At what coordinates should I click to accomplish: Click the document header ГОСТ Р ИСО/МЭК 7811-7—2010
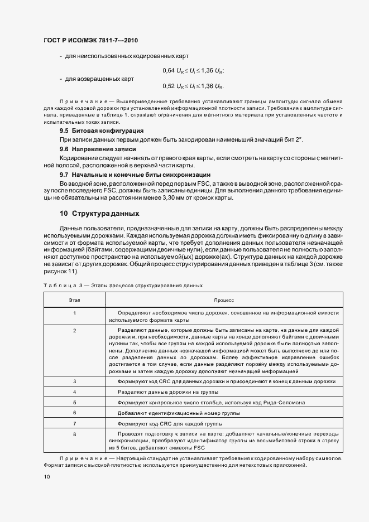90,41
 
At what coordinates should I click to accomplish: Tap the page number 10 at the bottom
46,476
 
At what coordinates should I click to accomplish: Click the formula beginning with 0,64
193,70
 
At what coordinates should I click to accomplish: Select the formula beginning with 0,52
193,86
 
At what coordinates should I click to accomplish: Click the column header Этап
74,300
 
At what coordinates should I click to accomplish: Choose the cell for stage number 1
74,313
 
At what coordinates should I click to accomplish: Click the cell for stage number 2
74,331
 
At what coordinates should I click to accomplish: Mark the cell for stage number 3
74,381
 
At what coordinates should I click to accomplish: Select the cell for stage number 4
74,392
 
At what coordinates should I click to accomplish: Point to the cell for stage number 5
74,402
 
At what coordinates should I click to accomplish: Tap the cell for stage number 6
74,413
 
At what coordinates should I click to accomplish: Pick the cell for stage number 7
74,423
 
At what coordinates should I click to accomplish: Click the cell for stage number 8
74,433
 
